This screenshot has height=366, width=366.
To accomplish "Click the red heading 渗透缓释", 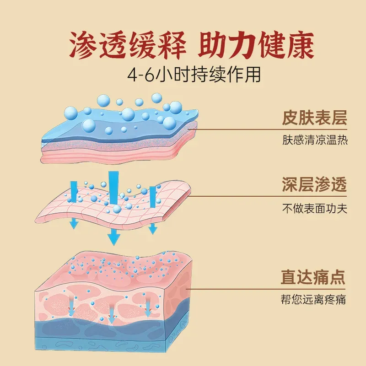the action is click(128, 45).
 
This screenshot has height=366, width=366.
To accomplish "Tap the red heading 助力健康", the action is click(256, 45).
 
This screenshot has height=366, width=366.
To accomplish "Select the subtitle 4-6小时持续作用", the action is click(194, 75).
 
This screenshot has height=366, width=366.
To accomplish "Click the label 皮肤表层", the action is click(314, 118).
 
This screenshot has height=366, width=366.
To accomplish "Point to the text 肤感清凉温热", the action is click(315, 140).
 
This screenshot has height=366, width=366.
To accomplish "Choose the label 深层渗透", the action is click(314, 184).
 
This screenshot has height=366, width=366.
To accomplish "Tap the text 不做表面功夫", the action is click(315, 208).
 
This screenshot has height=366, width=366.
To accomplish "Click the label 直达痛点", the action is click(313, 277).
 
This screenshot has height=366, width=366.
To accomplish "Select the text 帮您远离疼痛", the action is click(313, 300).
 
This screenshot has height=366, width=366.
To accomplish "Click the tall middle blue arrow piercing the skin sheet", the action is click(113, 189).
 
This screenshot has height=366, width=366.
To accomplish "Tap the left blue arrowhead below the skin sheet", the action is click(74, 223).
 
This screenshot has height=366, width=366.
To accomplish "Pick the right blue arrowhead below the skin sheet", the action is click(153, 228).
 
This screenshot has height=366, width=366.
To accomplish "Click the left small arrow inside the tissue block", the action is click(71, 305).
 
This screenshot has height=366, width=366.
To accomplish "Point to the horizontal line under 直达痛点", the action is click(266, 289).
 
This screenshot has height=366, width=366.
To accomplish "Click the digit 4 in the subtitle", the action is click(132, 75).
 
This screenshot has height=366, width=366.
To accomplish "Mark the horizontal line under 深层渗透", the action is click(269, 196).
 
